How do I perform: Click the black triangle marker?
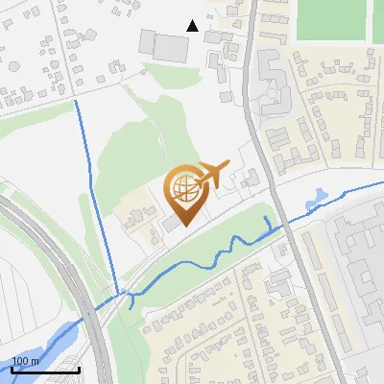tap(193, 26)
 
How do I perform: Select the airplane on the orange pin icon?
tap(214, 174)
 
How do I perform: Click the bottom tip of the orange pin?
tap(185, 227)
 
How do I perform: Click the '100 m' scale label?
tap(26, 361)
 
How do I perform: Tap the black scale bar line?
tap(44, 370)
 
